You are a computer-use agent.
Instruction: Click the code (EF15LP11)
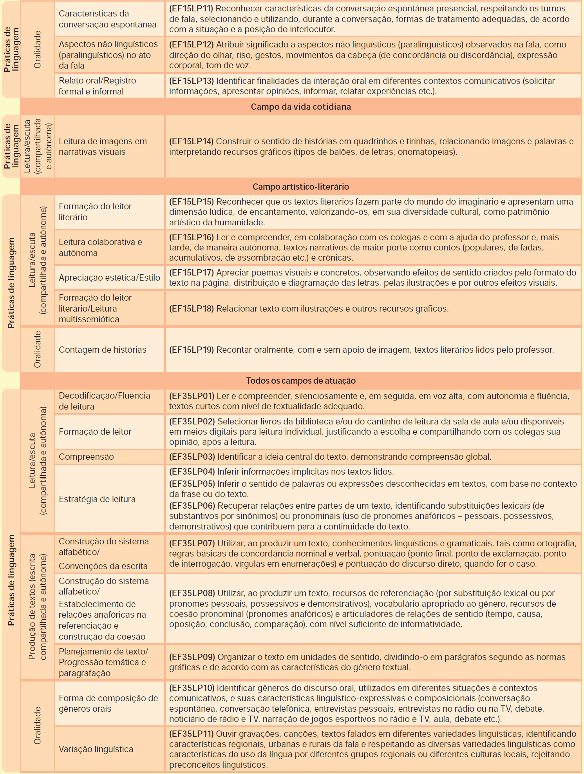[191, 9]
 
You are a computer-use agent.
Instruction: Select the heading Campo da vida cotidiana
[301, 107]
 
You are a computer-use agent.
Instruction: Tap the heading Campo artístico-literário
[301, 187]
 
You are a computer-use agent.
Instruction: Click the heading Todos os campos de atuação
[301, 381]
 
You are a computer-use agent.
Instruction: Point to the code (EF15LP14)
[191, 141]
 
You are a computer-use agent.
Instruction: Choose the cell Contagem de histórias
[103, 350]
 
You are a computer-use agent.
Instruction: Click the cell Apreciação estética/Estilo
[109, 278]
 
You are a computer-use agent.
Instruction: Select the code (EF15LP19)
[191, 350]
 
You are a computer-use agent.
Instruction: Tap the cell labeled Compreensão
[86, 457]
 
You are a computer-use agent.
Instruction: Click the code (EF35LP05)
[192, 484]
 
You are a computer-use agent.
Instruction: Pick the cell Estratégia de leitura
[97, 499]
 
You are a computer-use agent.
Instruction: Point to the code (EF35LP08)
[192, 593]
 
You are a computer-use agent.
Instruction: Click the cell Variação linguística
[96, 749]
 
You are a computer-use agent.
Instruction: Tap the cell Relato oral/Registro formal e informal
[98, 86]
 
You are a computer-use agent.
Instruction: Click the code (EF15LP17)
[191, 273]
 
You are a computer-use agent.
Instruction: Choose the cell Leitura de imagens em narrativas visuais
[103, 147]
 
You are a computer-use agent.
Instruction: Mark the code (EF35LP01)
[192, 396]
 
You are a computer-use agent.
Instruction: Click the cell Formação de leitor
[95, 431]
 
